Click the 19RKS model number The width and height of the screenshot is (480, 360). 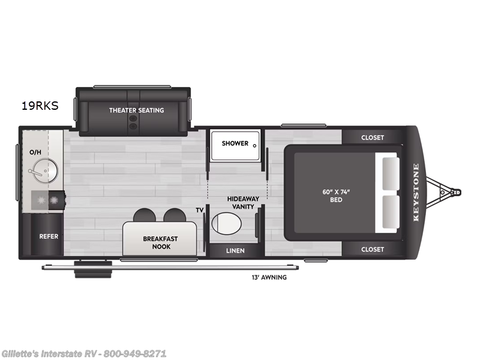(x=40, y=107)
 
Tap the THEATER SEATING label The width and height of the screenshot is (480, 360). (x=136, y=110)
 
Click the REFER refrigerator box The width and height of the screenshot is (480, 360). (x=49, y=236)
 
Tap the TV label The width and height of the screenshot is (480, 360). (x=199, y=210)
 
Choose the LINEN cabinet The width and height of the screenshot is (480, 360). (x=235, y=250)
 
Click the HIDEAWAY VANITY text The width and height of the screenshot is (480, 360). (x=240, y=202)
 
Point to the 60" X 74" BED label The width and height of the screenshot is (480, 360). (x=336, y=196)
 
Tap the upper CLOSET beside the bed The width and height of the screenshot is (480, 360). (x=372, y=137)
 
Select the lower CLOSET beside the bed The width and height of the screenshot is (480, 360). (x=372, y=249)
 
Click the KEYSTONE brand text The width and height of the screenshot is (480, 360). (x=416, y=193)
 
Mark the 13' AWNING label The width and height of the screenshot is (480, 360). (x=269, y=277)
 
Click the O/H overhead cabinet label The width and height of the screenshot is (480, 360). (x=35, y=152)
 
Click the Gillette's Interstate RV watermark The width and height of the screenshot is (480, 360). (x=84, y=353)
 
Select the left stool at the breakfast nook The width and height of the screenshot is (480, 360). (x=144, y=215)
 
